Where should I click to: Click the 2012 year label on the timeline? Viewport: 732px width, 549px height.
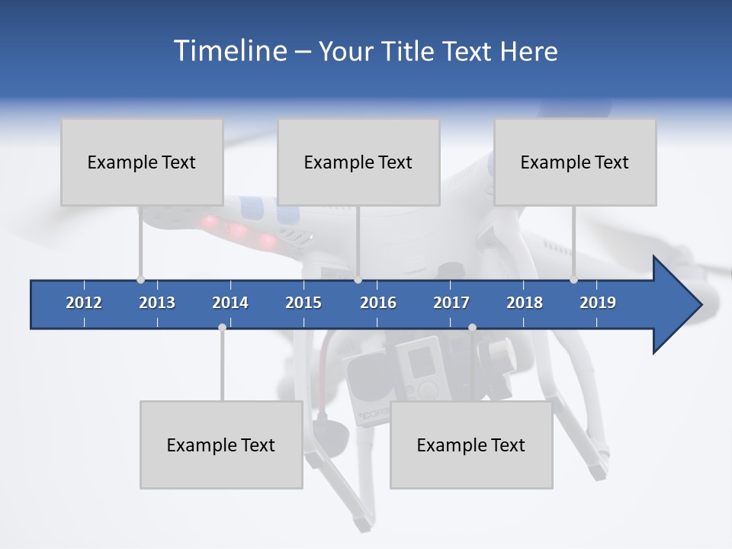[x=84, y=303]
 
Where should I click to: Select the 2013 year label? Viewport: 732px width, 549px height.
[x=157, y=303]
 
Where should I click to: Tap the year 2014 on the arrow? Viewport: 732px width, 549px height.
[x=230, y=303]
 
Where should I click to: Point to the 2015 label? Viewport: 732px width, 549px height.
[x=303, y=303]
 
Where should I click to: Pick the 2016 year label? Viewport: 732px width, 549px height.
[x=378, y=303]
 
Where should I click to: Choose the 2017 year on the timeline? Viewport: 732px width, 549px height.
[x=451, y=303]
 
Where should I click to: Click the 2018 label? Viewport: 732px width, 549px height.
[x=525, y=303]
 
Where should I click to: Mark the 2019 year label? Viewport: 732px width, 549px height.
[x=598, y=303]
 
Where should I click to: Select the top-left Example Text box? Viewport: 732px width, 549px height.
[x=142, y=162]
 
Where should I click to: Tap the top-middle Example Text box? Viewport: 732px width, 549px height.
[x=358, y=162]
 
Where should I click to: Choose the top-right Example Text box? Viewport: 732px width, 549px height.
[x=575, y=162]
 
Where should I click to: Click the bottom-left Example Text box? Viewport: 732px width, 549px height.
[x=221, y=445]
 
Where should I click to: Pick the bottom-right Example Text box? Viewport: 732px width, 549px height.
[x=471, y=445]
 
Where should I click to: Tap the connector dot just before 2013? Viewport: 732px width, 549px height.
[x=140, y=280]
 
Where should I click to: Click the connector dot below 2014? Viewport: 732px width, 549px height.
[x=222, y=327]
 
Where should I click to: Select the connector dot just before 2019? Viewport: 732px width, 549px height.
[x=573, y=280]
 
